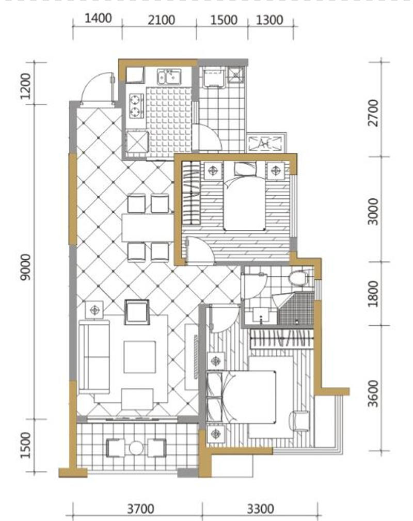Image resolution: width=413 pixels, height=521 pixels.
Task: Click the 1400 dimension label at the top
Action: click(x=98, y=18)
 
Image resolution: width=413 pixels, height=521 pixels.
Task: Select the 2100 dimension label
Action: click(x=162, y=20)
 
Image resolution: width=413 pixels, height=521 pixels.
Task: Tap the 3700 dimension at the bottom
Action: click(x=141, y=509)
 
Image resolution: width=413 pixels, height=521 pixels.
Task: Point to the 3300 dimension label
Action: click(x=260, y=509)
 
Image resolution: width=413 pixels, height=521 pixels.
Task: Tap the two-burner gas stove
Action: click(x=136, y=106)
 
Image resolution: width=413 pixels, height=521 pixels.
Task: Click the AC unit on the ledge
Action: click(x=266, y=143)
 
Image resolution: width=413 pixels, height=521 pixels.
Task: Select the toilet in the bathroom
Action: click(x=297, y=278)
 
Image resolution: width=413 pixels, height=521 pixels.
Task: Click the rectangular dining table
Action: click(x=148, y=228)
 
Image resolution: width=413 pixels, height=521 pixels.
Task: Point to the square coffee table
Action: click(x=139, y=357)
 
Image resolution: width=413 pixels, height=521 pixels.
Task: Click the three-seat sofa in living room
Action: click(x=94, y=356)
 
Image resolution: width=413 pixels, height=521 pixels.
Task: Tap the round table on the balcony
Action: click(x=136, y=448)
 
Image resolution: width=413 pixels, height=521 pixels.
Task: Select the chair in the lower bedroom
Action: click(x=299, y=421)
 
